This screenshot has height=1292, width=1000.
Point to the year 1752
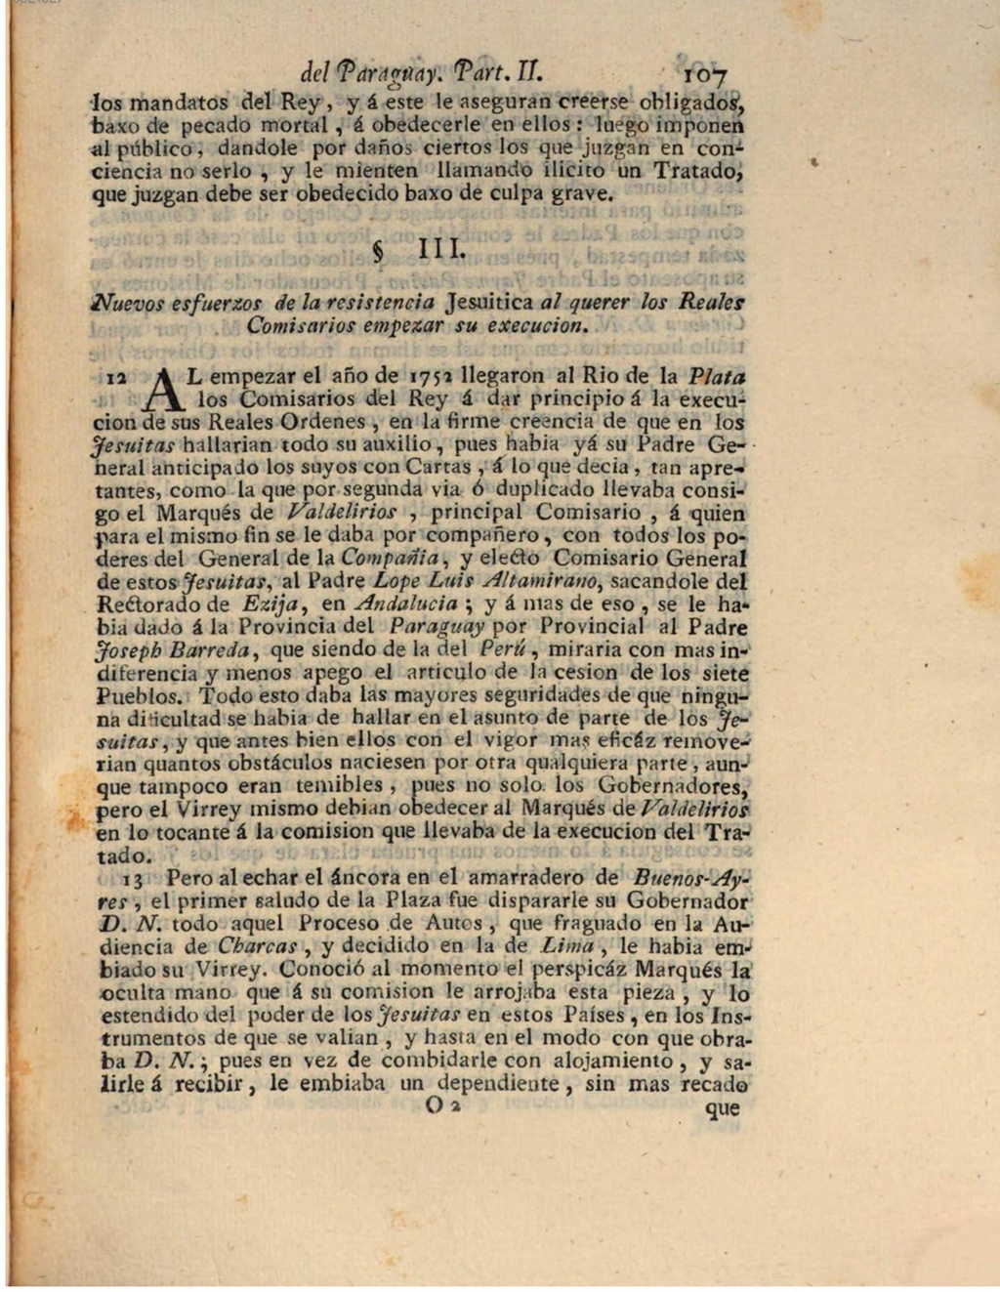coord(435,376)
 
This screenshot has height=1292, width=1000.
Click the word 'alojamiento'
coord(612,1062)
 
